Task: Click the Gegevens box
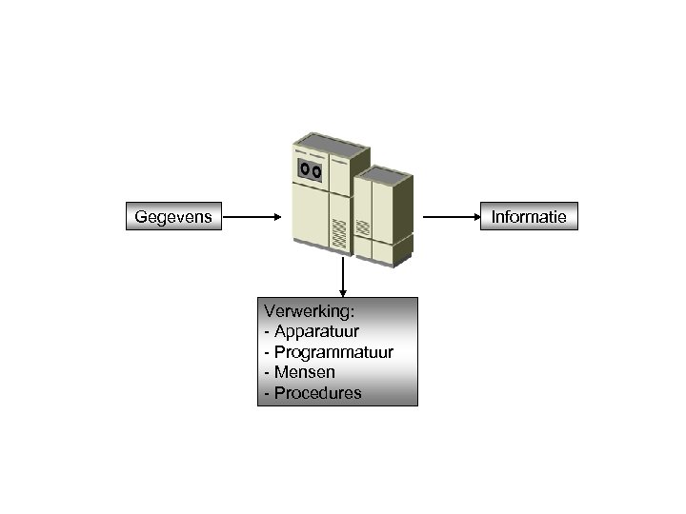click(174, 217)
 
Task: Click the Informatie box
click(529, 217)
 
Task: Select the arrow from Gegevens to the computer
click(252, 217)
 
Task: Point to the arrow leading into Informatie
click(453, 217)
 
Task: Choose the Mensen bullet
click(304, 372)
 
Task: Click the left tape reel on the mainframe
click(304, 169)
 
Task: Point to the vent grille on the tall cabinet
click(339, 232)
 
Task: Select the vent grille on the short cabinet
click(362, 229)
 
